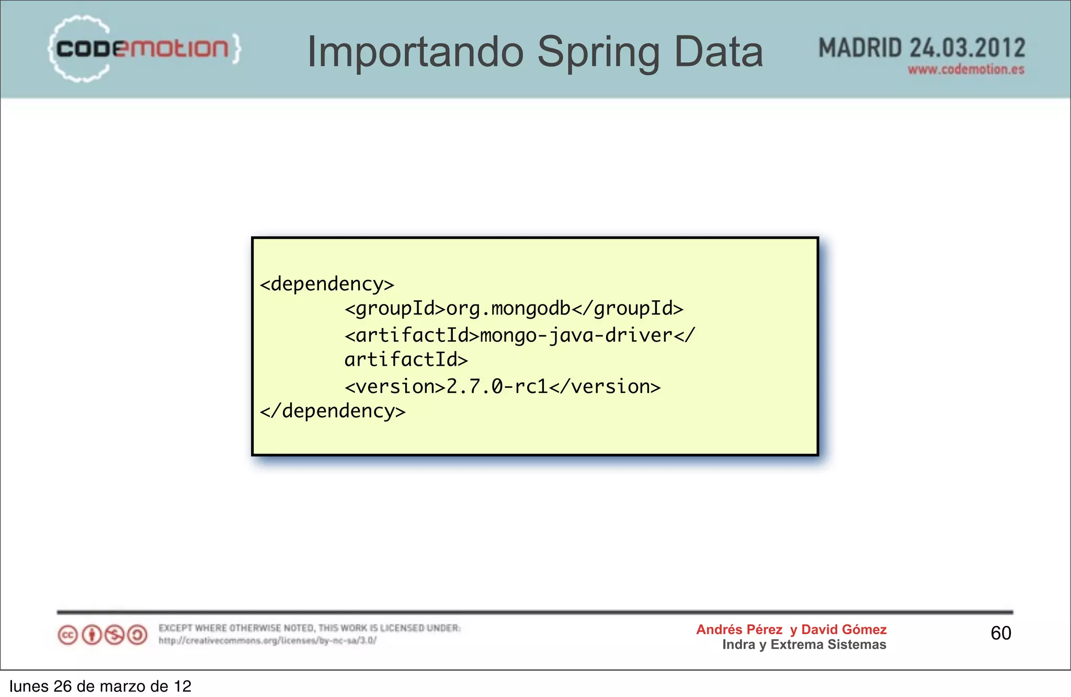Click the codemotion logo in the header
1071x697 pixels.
coord(144,49)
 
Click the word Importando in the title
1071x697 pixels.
coord(415,52)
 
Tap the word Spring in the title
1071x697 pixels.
coord(598,52)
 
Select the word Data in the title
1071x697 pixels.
coord(719,52)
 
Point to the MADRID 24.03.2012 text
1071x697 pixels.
coord(921,48)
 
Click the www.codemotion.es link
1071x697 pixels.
coord(966,70)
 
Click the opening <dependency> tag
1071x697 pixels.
coord(327,284)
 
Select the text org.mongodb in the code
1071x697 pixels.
coord(508,309)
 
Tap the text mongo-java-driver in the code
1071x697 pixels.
coord(576,335)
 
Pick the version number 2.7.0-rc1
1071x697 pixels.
coord(497,387)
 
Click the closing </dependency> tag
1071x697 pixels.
coord(333,411)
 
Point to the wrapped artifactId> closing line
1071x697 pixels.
coord(406,360)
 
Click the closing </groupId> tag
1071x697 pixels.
coord(628,309)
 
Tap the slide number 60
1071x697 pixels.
coord(1000,633)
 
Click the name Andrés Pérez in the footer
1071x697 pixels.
coord(739,629)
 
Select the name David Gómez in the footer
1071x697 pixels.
coord(844,629)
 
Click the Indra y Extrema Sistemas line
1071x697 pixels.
coord(804,645)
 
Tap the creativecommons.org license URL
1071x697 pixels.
coord(267,640)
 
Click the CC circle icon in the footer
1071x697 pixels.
coord(67,635)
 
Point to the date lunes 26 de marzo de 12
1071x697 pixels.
coord(100,686)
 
